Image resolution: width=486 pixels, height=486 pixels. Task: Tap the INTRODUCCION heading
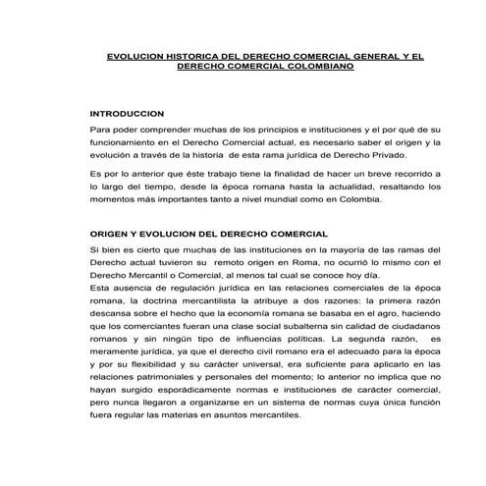(x=126, y=114)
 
